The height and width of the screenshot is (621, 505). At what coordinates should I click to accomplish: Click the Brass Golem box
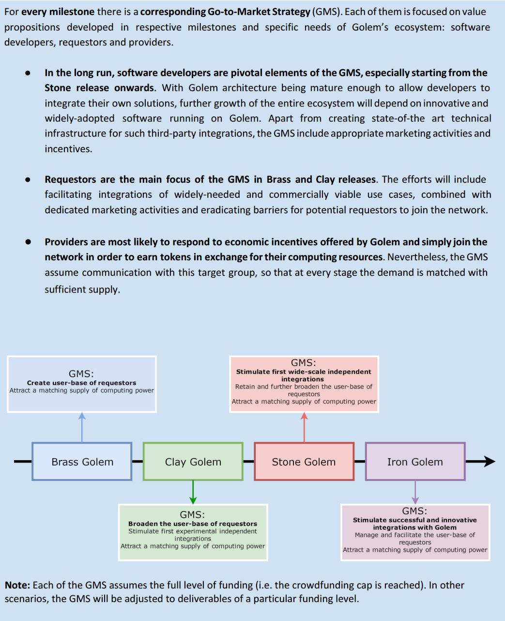[x=82, y=462]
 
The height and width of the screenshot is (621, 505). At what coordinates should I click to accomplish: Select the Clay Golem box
[x=193, y=462]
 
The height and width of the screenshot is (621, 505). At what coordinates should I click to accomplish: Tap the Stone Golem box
[x=304, y=462]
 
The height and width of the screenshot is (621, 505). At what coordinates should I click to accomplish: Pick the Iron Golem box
[x=415, y=462]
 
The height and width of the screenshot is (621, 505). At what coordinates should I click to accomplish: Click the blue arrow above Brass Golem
[x=82, y=427]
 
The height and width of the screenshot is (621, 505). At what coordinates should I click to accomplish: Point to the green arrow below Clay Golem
[x=193, y=493]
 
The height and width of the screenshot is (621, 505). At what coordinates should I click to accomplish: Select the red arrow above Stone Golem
[x=304, y=427]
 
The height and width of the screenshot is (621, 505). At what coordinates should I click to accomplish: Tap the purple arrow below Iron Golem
[x=415, y=493]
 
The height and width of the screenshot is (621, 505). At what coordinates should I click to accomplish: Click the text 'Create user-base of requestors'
[x=81, y=383]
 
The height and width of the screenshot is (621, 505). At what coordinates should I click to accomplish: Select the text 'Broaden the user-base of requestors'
[x=193, y=524]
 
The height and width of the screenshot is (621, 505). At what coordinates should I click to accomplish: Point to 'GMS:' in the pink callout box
[x=304, y=363]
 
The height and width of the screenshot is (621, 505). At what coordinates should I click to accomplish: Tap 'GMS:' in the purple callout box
[x=414, y=511]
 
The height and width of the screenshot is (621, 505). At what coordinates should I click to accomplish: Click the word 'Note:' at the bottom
[x=17, y=585]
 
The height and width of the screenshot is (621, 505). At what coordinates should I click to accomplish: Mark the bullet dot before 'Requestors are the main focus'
[x=28, y=179]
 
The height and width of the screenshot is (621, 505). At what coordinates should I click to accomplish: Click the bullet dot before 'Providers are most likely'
[x=28, y=242]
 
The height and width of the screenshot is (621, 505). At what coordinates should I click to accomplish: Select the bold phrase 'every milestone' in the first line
[x=58, y=12]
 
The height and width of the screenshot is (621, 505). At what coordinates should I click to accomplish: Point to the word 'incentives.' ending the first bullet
[x=68, y=149]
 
